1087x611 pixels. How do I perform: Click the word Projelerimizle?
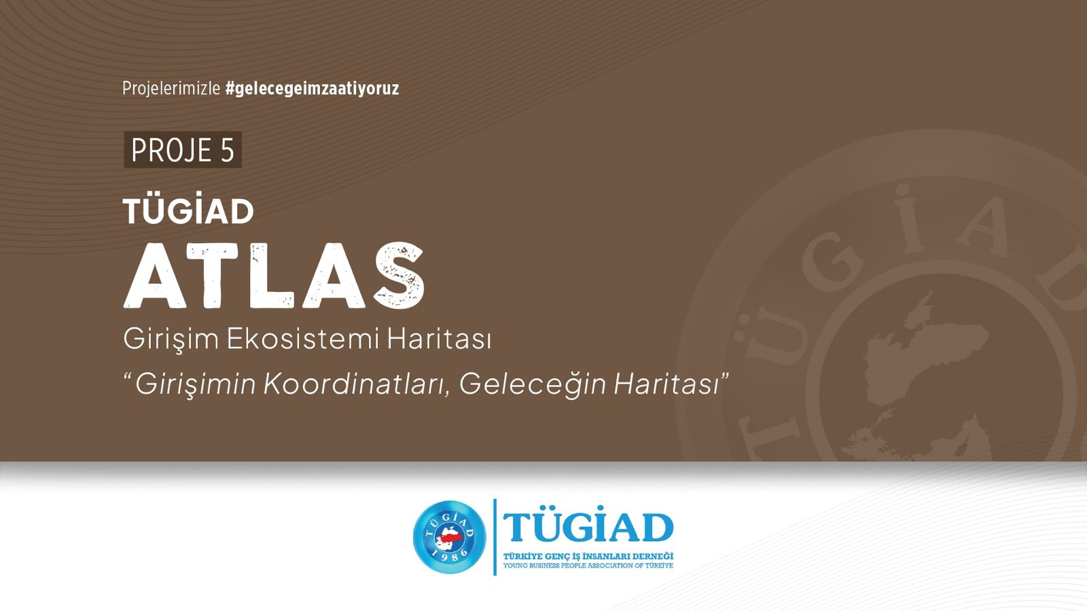171,88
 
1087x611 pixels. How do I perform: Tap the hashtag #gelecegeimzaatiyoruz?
312,88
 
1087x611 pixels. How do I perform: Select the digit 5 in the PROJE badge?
227,150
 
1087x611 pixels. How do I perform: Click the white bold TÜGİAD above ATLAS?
188,212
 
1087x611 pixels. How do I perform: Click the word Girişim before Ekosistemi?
171,339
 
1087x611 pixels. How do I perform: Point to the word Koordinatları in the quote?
356,384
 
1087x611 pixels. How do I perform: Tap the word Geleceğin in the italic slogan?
533,384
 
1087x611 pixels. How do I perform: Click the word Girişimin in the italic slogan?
196,384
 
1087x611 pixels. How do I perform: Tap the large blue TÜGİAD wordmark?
588,528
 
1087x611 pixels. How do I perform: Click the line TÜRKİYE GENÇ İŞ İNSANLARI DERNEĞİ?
588,557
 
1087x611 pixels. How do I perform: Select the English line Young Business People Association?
588,566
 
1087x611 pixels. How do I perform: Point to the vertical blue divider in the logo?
495,536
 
